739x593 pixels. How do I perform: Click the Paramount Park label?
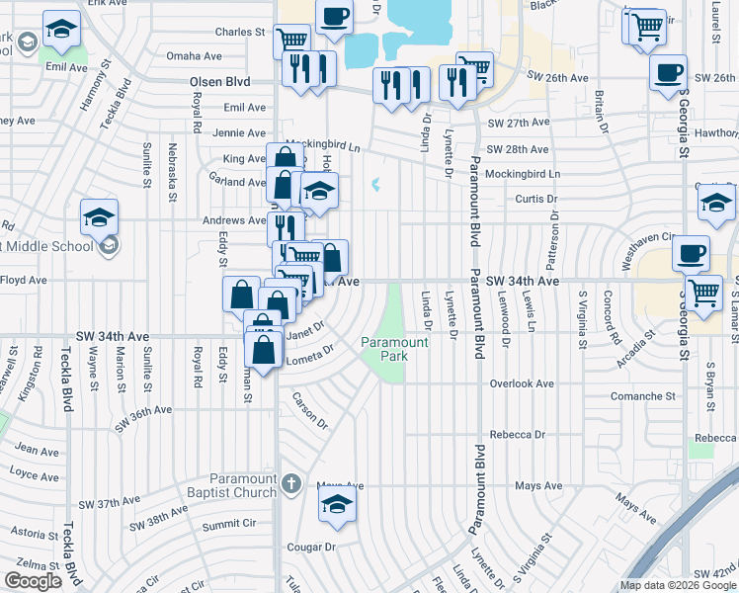(394, 349)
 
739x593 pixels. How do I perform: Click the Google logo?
(33, 581)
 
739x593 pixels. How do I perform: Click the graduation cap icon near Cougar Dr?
(337, 504)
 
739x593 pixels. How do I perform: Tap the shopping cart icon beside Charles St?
(291, 40)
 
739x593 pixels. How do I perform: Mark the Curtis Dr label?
(536, 199)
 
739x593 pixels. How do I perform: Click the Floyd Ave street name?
(24, 281)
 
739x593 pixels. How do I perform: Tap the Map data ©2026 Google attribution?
(678, 585)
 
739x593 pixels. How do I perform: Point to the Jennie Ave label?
(239, 132)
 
